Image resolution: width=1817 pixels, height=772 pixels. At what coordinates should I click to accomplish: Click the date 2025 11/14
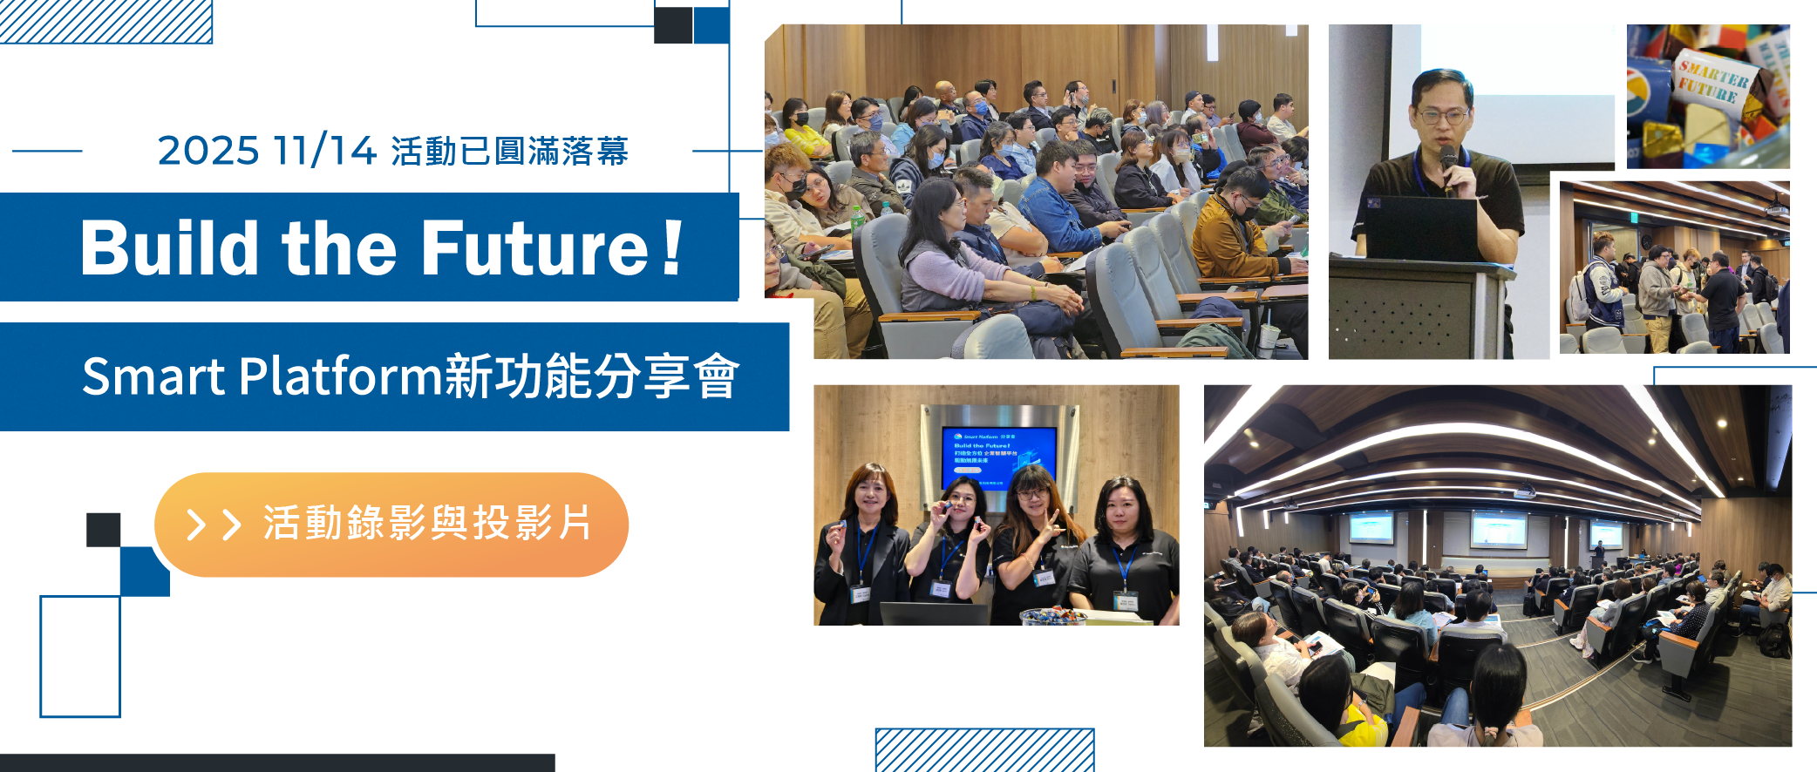(x=266, y=151)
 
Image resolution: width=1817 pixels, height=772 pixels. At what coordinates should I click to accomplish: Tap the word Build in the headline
(x=169, y=248)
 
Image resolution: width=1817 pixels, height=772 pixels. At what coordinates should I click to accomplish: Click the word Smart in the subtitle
(x=153, y=377)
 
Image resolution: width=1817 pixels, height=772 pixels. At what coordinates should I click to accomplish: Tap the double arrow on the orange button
(x=213, y=525)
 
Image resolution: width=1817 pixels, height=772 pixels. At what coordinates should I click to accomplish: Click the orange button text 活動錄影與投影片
(x=427, y=524)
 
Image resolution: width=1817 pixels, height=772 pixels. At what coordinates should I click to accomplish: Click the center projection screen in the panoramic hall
(x=1499, y=530)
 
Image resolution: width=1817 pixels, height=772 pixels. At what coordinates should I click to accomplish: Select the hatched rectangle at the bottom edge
(x=984, y=749)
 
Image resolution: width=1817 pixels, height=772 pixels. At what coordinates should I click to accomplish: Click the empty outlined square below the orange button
(x=80, y=656)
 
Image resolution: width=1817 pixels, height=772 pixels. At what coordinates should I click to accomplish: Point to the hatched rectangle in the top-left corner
(x=105, y=21)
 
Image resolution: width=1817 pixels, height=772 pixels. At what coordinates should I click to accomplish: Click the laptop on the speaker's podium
(x=1418, y=227)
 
